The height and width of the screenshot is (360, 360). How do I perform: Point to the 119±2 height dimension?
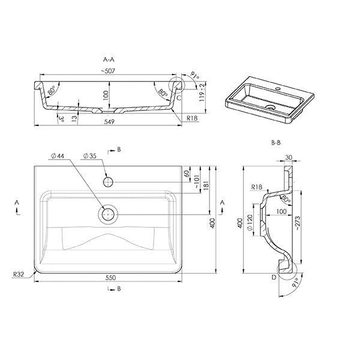point(205,94)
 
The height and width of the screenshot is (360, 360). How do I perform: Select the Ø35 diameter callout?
point(88,156)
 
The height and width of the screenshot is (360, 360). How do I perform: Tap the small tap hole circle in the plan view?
point(109,181)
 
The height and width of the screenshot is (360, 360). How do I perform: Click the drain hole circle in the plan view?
point(109,214)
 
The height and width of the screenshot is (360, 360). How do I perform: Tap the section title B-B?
point(276,143)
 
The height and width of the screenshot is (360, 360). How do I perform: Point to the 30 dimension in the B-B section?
point(290,157)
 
